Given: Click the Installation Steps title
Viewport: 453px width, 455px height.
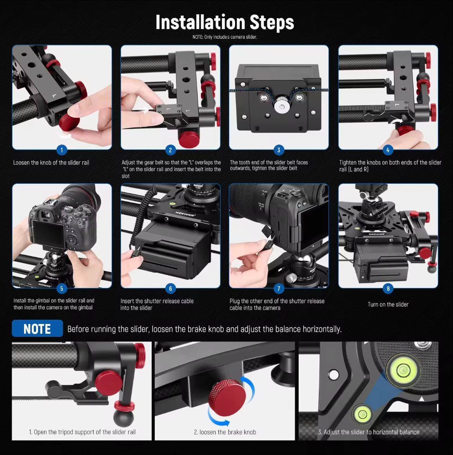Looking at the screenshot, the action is click(x=225, y=22).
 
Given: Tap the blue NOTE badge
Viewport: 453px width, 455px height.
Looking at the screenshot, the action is click(x=37, y=329).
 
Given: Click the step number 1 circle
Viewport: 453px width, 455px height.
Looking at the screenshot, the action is click(x=62, y=150).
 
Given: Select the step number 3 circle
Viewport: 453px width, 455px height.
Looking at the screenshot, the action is click(x=279, y=150).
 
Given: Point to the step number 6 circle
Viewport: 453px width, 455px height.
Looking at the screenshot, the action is click(x=170, y=288).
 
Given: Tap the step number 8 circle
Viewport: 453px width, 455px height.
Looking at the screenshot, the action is click(x=388, y=288).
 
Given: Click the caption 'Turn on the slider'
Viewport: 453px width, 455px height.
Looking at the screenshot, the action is click(x=388, y=304).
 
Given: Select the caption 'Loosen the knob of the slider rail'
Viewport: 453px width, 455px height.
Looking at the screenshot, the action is click(x=51, y=162).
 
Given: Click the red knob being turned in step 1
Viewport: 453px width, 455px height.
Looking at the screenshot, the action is click(x=69, y=122).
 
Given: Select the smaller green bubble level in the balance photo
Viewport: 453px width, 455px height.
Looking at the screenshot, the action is click(x=362, y=414).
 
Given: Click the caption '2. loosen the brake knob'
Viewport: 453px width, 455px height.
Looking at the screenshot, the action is click(x=225, y=432).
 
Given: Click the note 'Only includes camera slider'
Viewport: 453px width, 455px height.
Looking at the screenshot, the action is click(x=225, y=37).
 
